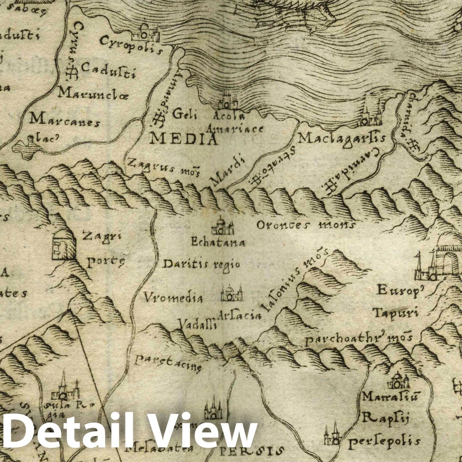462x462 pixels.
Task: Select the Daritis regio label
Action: click(202, 264)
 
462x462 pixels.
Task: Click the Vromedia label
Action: click(173, 298)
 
